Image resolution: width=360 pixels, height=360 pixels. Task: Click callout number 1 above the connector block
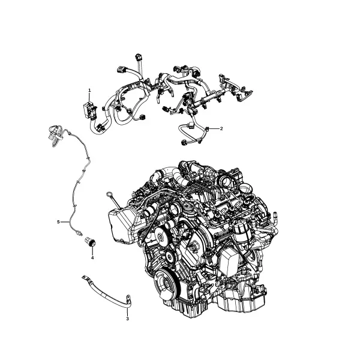point(89,91)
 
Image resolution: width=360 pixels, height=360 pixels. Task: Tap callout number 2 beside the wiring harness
point(221,128)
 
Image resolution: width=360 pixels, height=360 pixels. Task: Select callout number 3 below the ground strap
point(127,319)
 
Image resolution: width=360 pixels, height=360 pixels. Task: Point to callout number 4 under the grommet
point(92,258)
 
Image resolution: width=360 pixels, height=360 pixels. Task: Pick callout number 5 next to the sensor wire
point(58,222)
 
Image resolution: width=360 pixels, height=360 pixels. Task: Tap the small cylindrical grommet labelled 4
point(90,242)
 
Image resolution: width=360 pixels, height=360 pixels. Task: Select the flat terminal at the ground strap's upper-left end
point(85,277)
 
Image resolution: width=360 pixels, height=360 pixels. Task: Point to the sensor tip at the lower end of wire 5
point(79,233)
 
